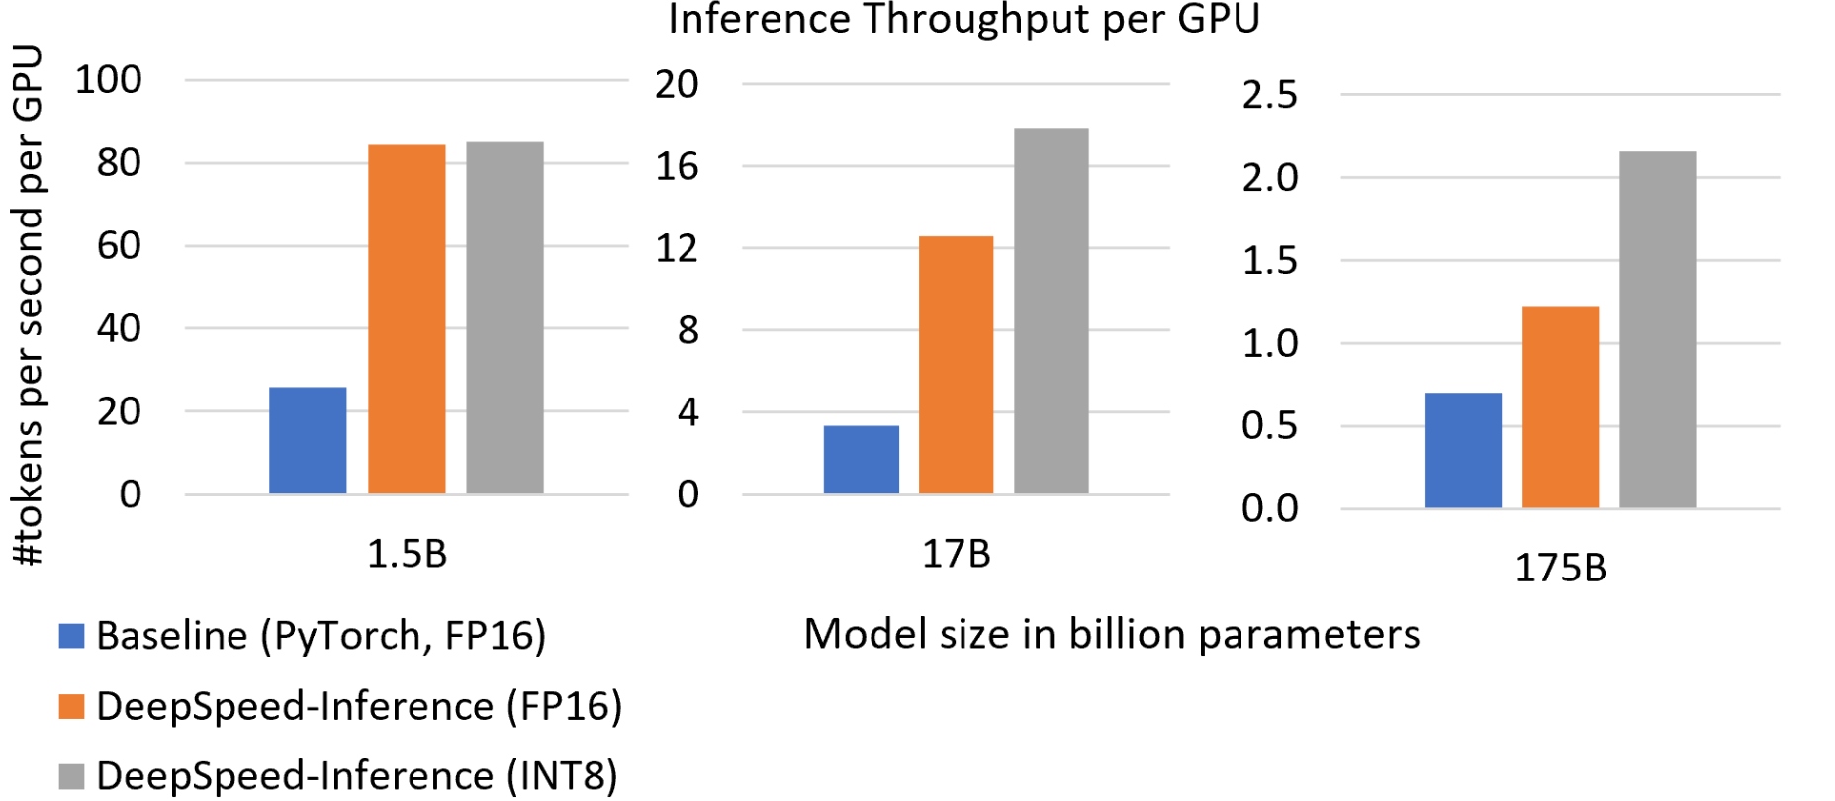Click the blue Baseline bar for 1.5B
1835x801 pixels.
308,440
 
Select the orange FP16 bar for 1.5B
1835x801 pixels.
407,318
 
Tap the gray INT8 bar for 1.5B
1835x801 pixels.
505,317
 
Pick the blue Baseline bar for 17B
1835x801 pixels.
862,460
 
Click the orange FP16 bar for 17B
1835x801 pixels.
956,365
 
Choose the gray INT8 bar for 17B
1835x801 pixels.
1052,311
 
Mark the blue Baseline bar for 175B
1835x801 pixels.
1463,451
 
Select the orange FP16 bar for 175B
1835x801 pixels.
1560,407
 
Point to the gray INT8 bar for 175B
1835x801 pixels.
1657,329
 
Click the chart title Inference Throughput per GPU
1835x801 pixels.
963,20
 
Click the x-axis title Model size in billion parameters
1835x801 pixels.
1111,634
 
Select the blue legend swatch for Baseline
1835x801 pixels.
71,635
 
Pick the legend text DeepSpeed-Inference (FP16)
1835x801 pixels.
359,706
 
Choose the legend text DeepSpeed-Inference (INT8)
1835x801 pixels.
357,776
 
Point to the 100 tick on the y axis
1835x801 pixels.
109,79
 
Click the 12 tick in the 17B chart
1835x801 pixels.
677,247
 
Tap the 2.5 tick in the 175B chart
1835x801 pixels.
1269,95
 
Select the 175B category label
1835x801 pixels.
1560,568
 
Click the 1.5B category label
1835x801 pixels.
407,554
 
